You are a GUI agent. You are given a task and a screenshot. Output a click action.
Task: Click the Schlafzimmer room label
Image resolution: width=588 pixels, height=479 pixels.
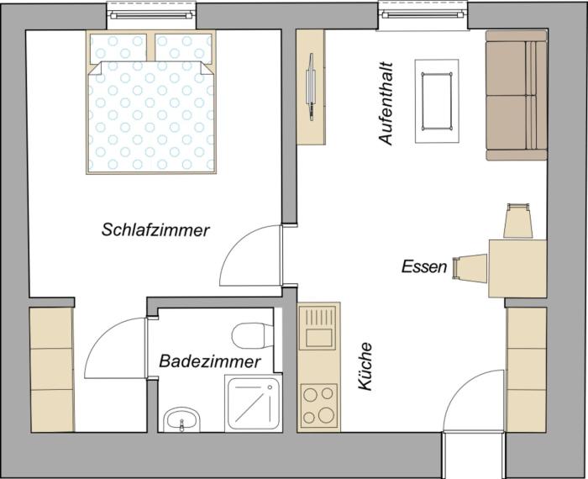click(155, 229)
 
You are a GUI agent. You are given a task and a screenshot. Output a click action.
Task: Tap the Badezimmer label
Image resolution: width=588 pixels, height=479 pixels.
click(210, 361)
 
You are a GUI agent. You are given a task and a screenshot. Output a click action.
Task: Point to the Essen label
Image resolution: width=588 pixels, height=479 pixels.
click(423, 267)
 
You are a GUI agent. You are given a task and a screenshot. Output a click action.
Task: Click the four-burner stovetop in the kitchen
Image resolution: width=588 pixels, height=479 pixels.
click(318, 404)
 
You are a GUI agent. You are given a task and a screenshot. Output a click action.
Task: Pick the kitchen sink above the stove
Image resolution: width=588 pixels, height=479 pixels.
click(318, 329)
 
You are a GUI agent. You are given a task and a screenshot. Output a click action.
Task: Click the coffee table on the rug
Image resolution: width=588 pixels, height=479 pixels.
click(437, 98)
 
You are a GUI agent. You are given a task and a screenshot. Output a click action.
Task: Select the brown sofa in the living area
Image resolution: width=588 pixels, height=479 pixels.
click(515, 99)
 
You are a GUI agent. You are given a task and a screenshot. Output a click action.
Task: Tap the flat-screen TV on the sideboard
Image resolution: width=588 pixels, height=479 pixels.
click(312, 85)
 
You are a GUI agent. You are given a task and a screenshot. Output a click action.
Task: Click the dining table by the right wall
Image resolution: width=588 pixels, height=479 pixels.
click(517, 267)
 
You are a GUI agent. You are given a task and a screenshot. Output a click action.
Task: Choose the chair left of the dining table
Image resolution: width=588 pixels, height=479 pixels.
click(469, 268)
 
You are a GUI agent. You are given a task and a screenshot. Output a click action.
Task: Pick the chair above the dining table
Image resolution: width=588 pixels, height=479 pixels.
click(517, 221)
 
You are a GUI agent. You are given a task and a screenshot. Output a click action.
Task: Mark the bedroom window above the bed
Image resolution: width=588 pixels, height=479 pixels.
click(152, 14)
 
